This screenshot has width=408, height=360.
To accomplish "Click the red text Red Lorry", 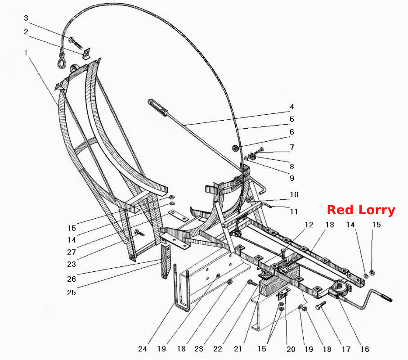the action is [x=361, y=210].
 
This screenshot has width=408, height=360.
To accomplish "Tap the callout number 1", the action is [x=26, y=53].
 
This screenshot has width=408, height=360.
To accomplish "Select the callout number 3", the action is [x=26, y=18].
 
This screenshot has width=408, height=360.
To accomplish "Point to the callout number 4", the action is [x=292, y=107].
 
